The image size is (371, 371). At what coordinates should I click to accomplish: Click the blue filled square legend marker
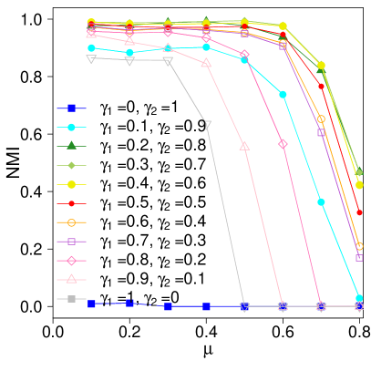[71, 108]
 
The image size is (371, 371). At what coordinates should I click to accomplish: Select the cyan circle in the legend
[71, 127]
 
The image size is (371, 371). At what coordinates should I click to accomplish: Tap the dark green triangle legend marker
[71, 146]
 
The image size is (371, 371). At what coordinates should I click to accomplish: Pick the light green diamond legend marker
[71, 165]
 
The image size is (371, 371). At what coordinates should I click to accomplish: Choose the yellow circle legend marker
[71, 184]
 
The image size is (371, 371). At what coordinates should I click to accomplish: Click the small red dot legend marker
[71, 203]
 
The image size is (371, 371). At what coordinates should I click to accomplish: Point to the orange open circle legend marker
[71, 222]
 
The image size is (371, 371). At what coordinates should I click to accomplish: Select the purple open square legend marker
[71, 242]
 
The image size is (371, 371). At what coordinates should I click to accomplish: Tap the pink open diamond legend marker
[71, 261]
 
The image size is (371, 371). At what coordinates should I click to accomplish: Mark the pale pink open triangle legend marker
[71, 279]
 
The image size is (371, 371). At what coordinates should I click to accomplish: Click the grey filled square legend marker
[71, 298]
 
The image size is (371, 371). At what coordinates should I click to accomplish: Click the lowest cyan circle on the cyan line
[359, 298]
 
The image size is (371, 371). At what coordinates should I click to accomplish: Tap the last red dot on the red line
[359, 212]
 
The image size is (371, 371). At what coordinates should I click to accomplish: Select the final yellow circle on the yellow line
[359, 185]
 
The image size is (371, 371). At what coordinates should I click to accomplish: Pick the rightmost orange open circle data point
[359, 246]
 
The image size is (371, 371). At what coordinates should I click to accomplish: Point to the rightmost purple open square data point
[359, 258]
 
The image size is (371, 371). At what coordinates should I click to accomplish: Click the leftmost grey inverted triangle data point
[91, 58]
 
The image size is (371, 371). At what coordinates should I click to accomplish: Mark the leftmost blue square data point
[91, 304]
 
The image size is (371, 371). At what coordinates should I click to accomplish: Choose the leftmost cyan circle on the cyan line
[91, 47]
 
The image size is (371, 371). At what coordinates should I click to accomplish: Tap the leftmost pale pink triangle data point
[91, 33]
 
